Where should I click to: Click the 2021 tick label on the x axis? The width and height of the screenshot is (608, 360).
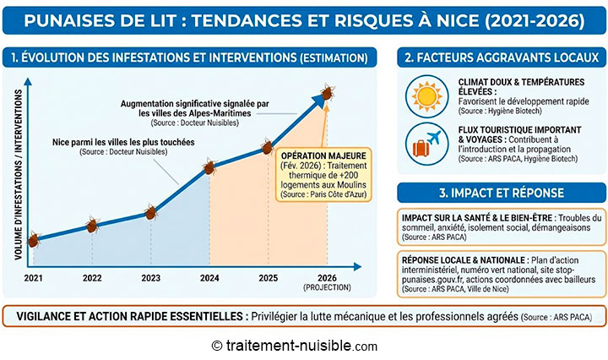(x=34, y=277)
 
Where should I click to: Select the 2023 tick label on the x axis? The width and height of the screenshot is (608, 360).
(x=150, y=277)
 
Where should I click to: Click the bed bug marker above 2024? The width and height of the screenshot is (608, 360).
(x=209, y=166)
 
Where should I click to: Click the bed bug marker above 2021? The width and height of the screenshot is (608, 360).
(x=33, y=240)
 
